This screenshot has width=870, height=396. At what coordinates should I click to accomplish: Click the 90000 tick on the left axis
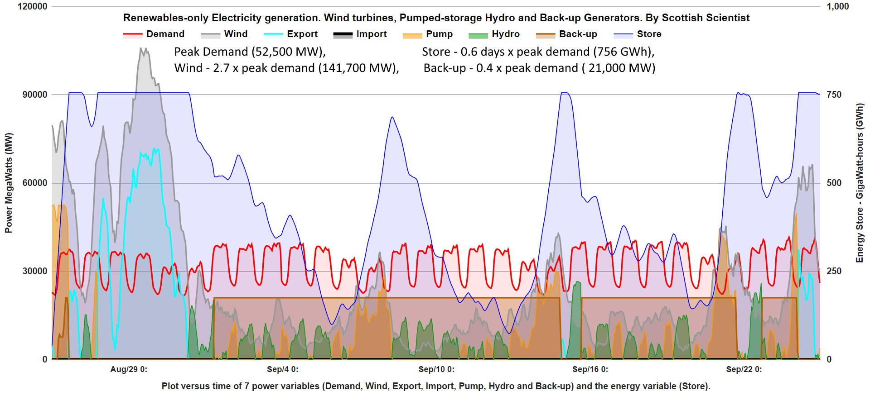35,95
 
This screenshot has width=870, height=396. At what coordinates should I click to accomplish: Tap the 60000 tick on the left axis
35,183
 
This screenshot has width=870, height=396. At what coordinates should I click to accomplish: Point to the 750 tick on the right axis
834,95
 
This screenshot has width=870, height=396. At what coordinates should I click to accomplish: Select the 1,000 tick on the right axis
837,6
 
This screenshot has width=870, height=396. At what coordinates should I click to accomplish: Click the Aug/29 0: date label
129,369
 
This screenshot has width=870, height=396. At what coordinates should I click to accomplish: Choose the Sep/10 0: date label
436,369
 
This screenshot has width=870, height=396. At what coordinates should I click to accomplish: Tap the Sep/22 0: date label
744,369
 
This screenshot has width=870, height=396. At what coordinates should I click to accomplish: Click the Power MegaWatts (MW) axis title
9,183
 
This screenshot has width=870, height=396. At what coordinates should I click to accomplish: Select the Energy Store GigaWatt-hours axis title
860,183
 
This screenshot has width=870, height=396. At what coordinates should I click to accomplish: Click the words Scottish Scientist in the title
706,18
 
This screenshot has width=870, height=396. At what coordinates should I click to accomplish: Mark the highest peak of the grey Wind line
141,48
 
